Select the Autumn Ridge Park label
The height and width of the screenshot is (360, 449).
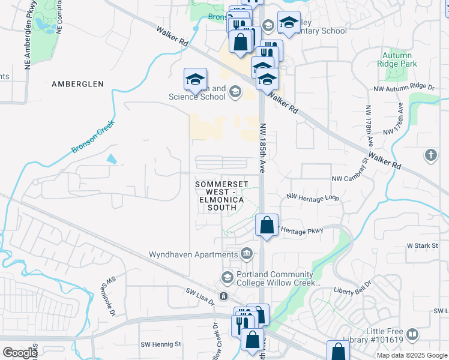(397, 59)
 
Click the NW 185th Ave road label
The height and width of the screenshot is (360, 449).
(262, 148)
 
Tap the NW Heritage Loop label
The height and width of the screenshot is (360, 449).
(313, 197)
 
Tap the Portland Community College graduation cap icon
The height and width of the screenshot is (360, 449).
(228, 277)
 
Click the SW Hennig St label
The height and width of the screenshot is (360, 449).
(161, 344)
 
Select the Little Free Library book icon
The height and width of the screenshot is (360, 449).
(412, 334)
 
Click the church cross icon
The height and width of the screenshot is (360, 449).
(430, 156)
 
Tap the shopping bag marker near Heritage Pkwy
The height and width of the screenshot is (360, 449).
(267, 226)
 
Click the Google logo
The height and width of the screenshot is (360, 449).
(20, 352)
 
